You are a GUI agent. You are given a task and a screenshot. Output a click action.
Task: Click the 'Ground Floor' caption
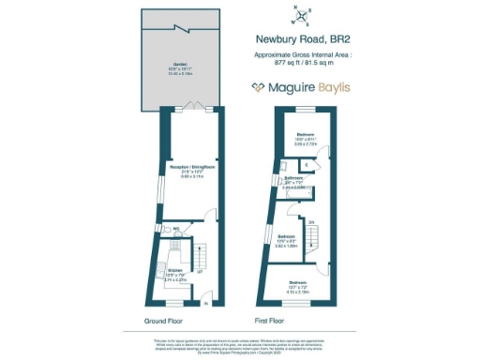click(163, 320)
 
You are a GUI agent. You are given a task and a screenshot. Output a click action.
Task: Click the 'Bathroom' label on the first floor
click(292, 178)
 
